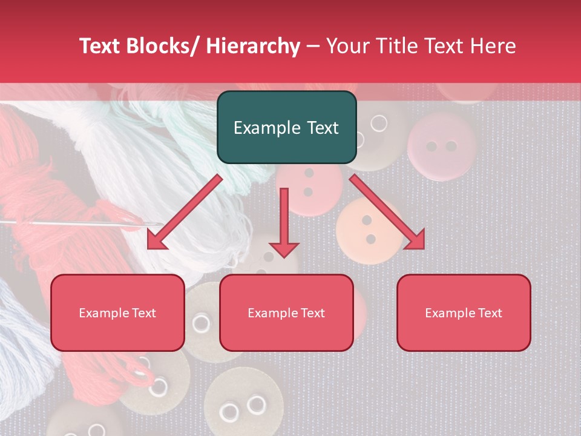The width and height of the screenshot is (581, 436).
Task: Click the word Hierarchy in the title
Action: (x=252, y=46)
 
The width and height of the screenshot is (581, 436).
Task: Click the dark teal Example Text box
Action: (x=286, y=127)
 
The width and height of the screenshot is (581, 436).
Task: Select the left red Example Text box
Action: (x=117, y=312)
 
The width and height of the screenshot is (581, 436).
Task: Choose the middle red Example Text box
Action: (x=286, y=312)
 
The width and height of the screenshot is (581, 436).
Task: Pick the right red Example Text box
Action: (x=464, y=312)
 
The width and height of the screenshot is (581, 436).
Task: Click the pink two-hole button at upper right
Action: (x=441, y=145)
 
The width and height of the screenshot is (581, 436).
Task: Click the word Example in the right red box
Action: (x=448, y=312)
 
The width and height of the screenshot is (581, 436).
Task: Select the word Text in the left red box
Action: (x=144, y=312)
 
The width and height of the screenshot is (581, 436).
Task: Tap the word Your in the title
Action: (x=344, y=46)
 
